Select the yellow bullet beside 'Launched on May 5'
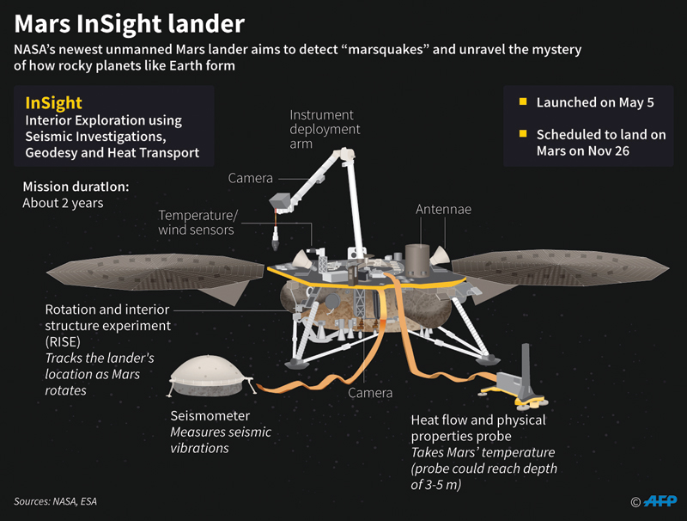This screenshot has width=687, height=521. coord(522,103)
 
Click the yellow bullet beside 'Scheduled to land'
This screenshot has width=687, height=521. coord(522,135)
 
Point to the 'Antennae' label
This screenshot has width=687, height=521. coord(443,209)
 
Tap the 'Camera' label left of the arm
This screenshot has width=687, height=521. coord(250,178)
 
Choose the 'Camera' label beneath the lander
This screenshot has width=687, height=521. coord(370,393)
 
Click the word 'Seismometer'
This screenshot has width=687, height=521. coord(209,415)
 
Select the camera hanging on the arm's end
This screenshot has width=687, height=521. coord(280,203)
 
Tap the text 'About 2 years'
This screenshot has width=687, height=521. coord(63,204)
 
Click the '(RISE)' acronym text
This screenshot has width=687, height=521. coord(64,341)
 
